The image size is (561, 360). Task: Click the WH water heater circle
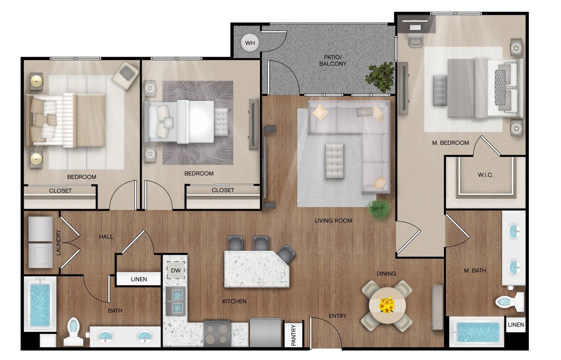pos(250,43)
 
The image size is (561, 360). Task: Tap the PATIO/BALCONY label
pos(332,60)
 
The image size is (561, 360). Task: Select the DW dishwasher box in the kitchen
pos(176,270)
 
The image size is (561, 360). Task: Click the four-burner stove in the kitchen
pos(217,334)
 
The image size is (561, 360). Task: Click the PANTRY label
pos(294,335)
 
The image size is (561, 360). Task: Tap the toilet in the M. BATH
pos(509,302)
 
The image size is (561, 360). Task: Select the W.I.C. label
pos(486,175)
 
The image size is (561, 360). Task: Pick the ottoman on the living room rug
pos(334,161)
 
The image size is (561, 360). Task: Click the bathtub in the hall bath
pos(40,304)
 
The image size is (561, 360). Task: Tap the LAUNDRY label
pos(59,243)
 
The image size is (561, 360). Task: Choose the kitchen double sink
pos(176,301)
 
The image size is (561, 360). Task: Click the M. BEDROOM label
pos(451,143)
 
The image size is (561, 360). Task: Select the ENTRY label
pos(338,316)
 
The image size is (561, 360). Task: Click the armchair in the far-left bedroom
pos(125,76)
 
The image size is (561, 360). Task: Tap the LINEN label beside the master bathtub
pos(516,325)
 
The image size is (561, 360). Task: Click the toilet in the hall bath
pos(73,332)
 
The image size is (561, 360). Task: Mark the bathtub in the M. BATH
pos(477,332)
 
